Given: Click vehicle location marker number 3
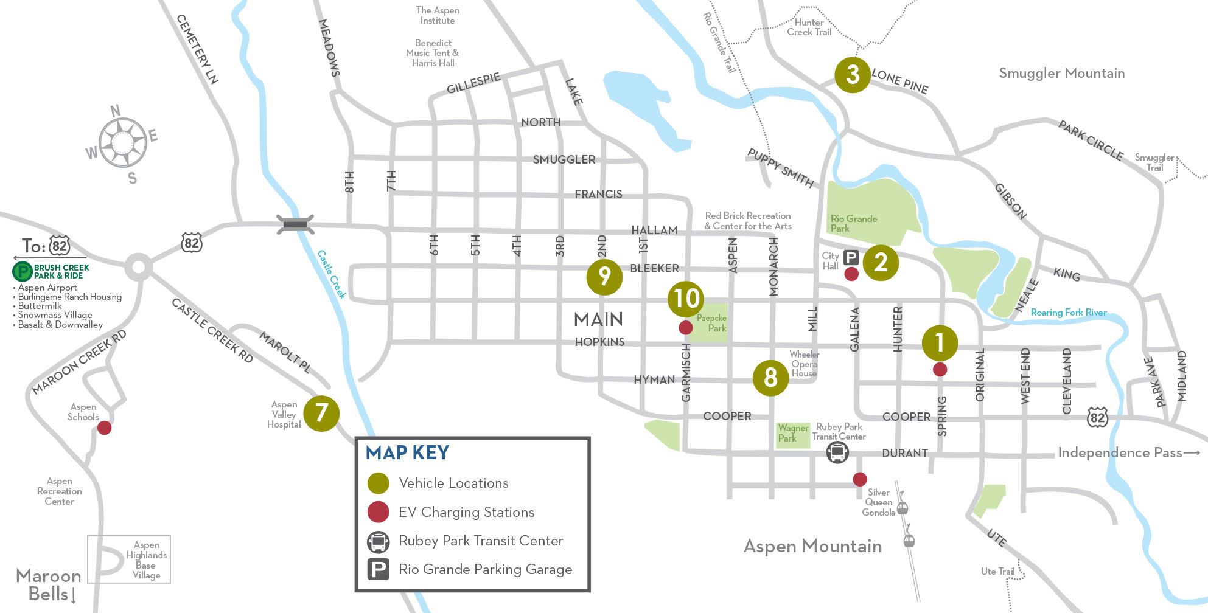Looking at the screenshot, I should pos(852,75).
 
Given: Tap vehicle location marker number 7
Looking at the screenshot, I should pos(321,414).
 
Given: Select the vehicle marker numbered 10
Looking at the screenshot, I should pos(685,299).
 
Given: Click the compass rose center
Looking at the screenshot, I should pos(122,144).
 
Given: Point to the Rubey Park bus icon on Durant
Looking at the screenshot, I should pos(837,452).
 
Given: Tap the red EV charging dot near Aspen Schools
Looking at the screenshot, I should pos(105,428).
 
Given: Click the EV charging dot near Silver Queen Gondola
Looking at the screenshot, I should pos(859,479).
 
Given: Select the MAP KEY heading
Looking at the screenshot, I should pos(407,452).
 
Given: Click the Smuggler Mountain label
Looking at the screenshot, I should pos(1061,74).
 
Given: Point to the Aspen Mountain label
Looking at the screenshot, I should pos(812,546).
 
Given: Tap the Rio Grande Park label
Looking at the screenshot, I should pos(853,223).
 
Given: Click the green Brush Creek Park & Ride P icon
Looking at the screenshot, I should pos(23,271).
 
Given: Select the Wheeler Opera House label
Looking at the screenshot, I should pos(804,364).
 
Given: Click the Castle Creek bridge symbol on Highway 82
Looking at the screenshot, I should pos(295,224).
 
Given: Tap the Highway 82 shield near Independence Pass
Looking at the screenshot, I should pos(1097,418).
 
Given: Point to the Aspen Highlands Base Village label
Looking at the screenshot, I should pos(146,560).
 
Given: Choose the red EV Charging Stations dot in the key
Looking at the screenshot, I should pos(378,512).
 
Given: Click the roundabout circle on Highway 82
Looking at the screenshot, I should pos(138,266).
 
